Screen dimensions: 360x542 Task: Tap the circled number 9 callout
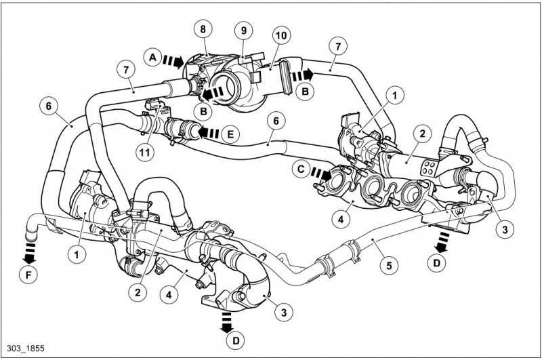coord(242,30)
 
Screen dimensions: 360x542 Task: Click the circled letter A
coord(154,58)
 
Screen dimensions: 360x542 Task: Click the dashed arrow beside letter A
coord(175,62)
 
